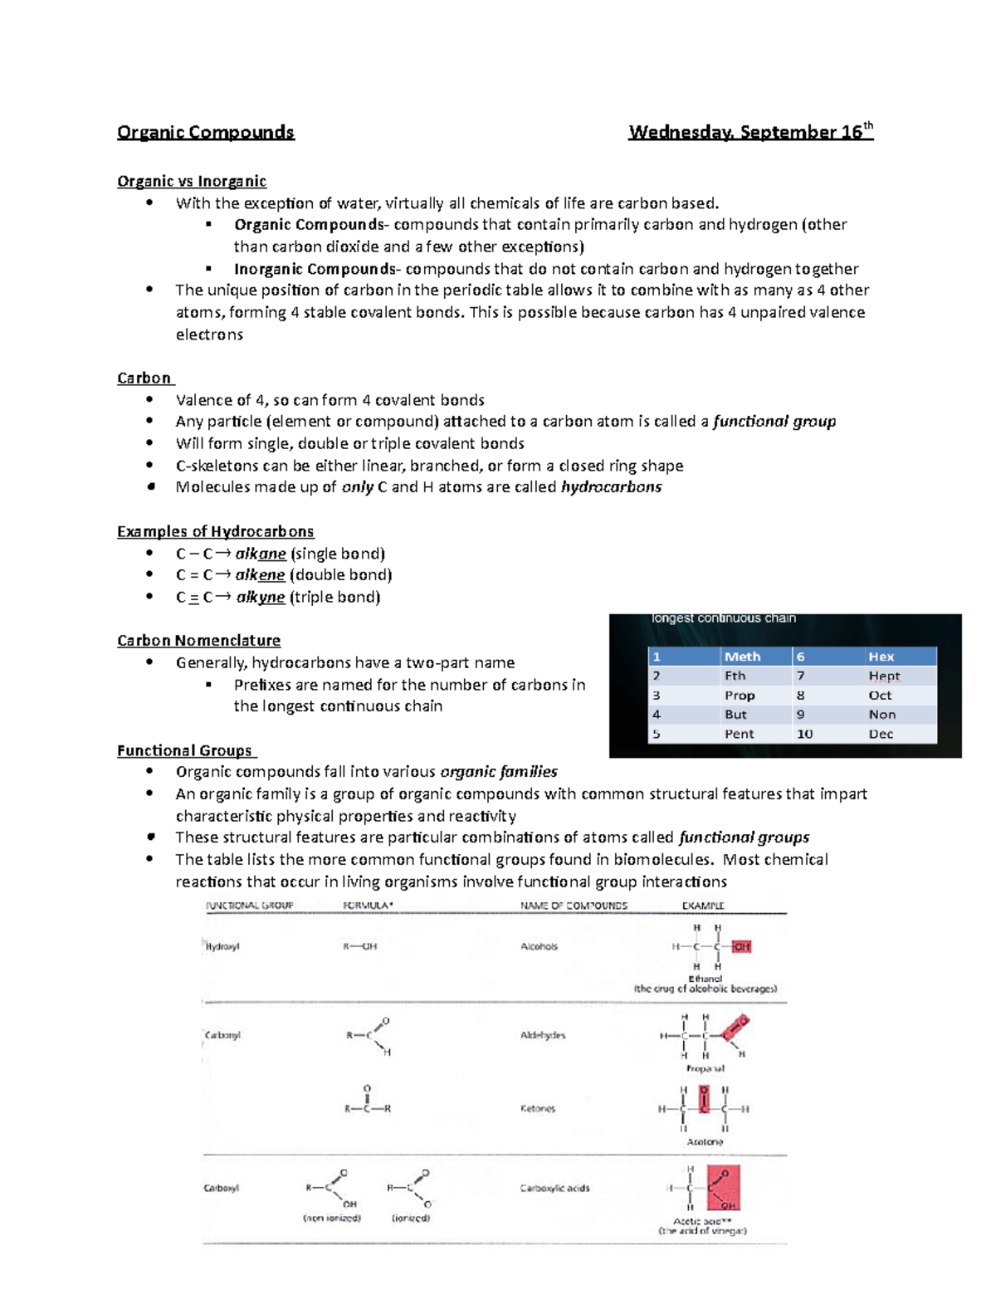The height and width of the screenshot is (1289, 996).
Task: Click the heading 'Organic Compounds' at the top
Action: click(205, 133)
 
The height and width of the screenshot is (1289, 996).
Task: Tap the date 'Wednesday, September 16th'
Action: click(750, 132)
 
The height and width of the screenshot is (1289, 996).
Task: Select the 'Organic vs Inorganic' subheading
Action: click(192, 181)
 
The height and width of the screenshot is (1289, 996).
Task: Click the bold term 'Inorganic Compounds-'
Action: click(319, 269)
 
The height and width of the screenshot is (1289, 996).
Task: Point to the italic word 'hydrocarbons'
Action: click(611, 487)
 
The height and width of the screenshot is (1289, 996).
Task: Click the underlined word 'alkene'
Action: click(260, 575)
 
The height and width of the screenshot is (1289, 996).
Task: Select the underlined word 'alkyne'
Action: click(260, 598)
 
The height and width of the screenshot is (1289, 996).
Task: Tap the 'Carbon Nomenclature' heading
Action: click(198, 641)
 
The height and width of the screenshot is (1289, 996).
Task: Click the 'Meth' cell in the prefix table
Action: click(742, 657)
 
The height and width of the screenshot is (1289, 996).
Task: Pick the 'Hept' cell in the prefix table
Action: click(884, 676)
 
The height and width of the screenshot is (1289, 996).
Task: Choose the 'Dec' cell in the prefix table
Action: click(881, 735)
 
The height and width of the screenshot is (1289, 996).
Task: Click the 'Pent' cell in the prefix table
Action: click(739, 735)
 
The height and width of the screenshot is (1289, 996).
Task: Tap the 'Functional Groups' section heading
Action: click(185, 750)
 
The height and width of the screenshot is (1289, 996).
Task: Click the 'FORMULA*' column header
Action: click(368, 906)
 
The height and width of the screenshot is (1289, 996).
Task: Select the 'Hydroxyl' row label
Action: click(222, 946)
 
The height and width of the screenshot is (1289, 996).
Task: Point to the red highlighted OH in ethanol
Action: click(741, 946)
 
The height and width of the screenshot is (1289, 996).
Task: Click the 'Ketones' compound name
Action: click(537, 1109)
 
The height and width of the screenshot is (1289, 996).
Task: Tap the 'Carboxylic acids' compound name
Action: click(554, 1189)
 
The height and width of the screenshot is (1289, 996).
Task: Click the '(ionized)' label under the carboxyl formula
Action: click(411, 1218)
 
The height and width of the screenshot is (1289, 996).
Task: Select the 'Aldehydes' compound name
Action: click(542, 1036)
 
